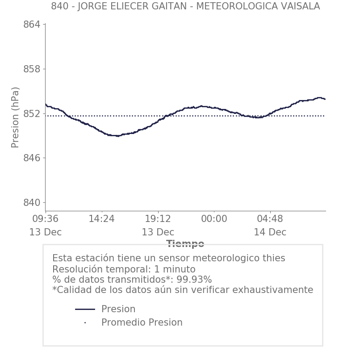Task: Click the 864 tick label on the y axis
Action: pyautogui.click(x=31, y=25)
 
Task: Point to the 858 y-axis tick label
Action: pyautogui.click(x=31, y=69)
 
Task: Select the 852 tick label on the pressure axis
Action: pyautogui.click(x=31, y=114)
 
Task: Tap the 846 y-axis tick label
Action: pyautogui.click(x=31, y=158)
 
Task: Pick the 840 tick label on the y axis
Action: pyautogui.click(x=31, y=203)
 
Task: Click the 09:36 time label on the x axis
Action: pyautogui.click(x=46, y=219)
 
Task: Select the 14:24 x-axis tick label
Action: pyautogui.click(x=101, y=219)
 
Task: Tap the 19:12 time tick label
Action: pyautogui.click(x=158, y=219)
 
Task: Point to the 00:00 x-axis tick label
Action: pyautogui.click(x=214, y=219)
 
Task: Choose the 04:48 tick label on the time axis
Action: pyautogui.click(x=270, y=219)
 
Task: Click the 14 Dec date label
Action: pyautogui.click(x=270, y=232)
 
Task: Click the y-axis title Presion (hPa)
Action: pyautogui.click(x=15, y=117)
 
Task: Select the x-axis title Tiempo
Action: pyautogui.click(x=185, y=244)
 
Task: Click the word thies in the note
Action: pyautogui.click(x=273, y=258)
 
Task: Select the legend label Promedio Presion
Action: pyautogui.click(x=142, y=322)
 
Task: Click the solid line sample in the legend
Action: pyautogui.click(x=85, y=309)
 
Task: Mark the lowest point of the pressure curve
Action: pyautogui.click(x=117, y=136)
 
